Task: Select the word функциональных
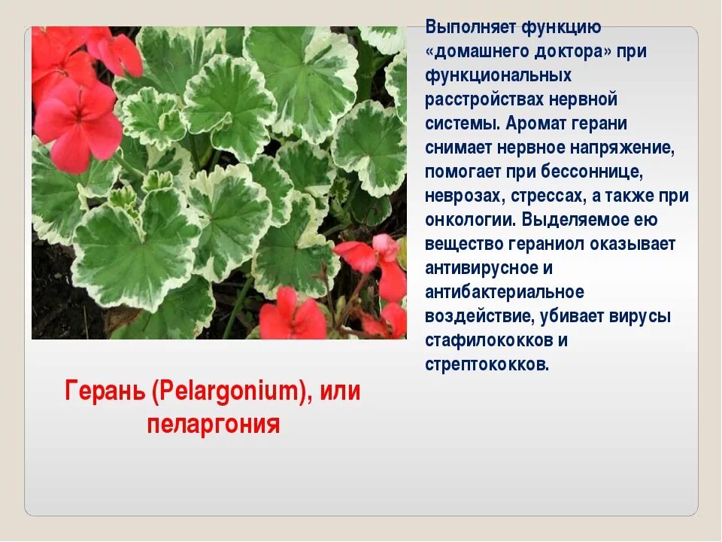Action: [498, 76]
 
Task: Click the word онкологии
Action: [469, 221]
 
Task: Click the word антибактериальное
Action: [505, 293]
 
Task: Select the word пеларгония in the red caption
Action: [214, 424]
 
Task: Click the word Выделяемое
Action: [590, 221]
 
